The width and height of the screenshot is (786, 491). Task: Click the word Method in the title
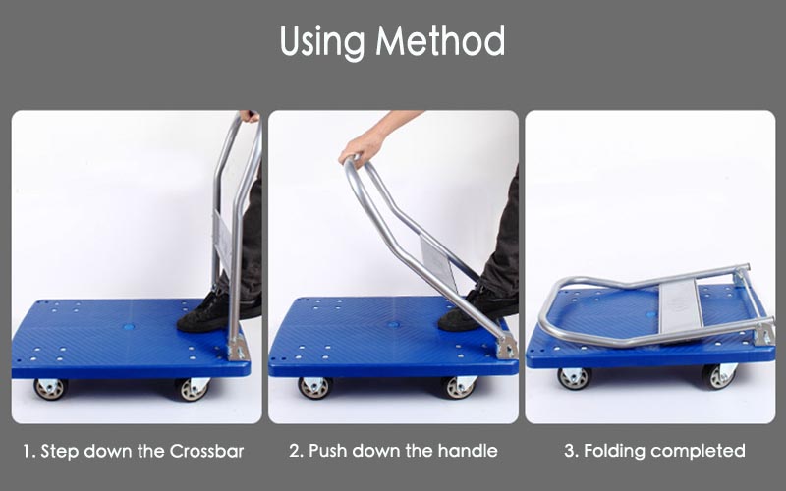[x=440, y=40]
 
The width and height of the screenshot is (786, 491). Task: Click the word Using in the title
[x=322, y=42]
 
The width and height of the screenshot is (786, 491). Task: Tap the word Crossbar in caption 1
[x=206, y=451]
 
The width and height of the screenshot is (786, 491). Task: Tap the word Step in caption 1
[x=60, y=452]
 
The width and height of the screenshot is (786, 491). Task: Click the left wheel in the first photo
[x=51, y=389]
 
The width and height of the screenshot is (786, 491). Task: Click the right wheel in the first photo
[x=193, y=389]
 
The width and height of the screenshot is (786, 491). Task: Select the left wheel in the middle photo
[x=314, y=387]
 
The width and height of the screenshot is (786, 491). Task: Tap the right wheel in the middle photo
[x=459, y=387]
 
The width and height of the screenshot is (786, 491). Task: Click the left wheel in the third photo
[x=575, y=378]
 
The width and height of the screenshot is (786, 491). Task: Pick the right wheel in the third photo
[x=719, y=376]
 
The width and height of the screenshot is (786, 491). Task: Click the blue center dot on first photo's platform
[x=130, y=327]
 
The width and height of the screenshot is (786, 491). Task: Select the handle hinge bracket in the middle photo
[x=507, y=346]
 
